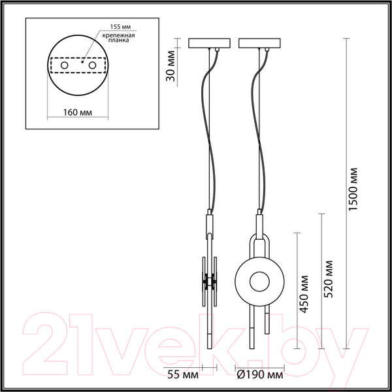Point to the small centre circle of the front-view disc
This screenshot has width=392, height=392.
(x=258, y=282)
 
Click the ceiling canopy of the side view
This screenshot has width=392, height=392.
(x=209, y=44)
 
